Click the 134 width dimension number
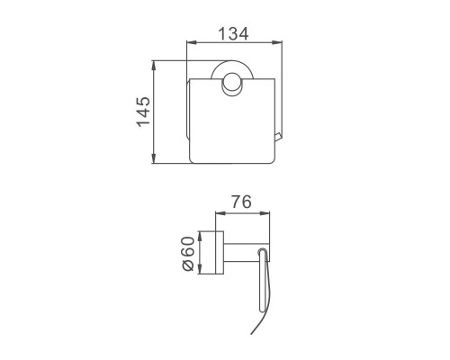click(233, 33)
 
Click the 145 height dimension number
click(143, 112)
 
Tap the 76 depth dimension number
click(241, 202)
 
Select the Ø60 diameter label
click(188, 254)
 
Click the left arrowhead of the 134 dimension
click(192, 43)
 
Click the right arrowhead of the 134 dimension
click(277, 43)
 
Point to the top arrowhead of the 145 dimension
click(153, 66)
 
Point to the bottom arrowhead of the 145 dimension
click(153, 158)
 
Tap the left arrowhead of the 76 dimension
click(220, 213)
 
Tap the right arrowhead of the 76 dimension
click(265, 213)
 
